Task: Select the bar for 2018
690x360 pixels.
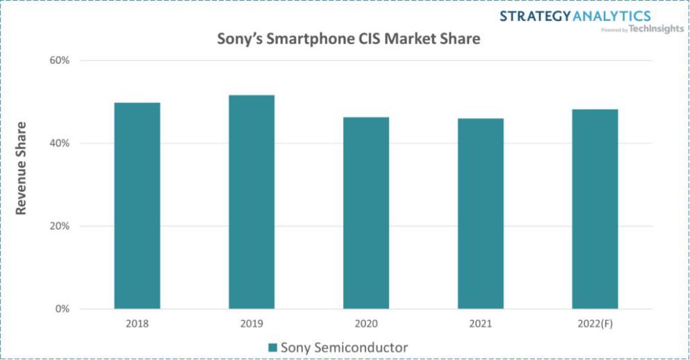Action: coord(137,206)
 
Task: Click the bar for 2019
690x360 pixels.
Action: coord(252,202)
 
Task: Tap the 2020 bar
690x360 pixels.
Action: coord(366,213)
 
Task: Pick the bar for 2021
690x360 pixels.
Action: coord(480,213)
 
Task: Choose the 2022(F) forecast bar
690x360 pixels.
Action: coord(595,208)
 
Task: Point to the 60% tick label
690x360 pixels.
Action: coord(60,60)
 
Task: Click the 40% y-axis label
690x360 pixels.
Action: coord(60,143)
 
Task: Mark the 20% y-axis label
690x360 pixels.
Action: coord(60,226)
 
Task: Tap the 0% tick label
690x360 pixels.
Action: coord(63,309)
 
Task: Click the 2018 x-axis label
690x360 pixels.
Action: coord(137,324)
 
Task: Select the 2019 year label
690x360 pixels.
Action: coord(252,324)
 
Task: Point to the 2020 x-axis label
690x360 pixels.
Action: coord(366,324)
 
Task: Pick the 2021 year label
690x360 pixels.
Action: coord(480,324)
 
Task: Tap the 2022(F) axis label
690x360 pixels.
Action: coord(595,324)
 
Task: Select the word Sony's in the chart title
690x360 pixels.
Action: coord(242,39)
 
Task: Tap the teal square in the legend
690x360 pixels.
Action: coord(273,347)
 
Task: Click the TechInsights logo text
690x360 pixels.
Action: coord(656,28)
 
